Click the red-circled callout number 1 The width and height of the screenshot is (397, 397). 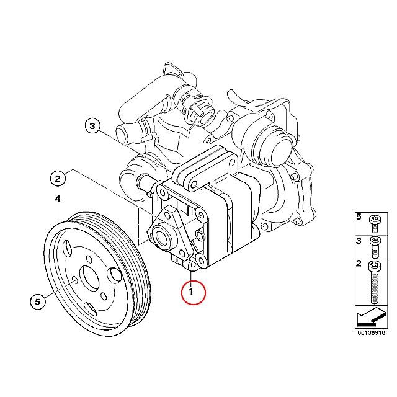(x=193, y=292)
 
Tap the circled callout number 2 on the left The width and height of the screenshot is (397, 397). (x=58, y=179)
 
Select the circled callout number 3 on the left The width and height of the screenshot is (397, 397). (x=92, y=125)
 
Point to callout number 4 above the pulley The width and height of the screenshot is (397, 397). (x=58, y=199)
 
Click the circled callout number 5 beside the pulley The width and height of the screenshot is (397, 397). (x=37, y=302)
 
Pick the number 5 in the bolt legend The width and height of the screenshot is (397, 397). (x=359, y=216)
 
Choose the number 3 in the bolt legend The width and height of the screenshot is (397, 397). (x=359, y=241)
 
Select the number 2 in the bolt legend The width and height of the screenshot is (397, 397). (x=359, y=264)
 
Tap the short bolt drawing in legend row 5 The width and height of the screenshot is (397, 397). (x=373, y=223)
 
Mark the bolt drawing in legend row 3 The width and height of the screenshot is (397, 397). (x=375, y=248)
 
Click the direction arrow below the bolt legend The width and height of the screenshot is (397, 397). (x=370, y=316)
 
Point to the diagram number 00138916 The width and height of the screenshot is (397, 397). (x=371, y=332)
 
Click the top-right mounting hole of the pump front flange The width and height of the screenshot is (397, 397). (x=202, y=215)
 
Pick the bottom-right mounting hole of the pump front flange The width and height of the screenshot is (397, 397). (x=201, y=260)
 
